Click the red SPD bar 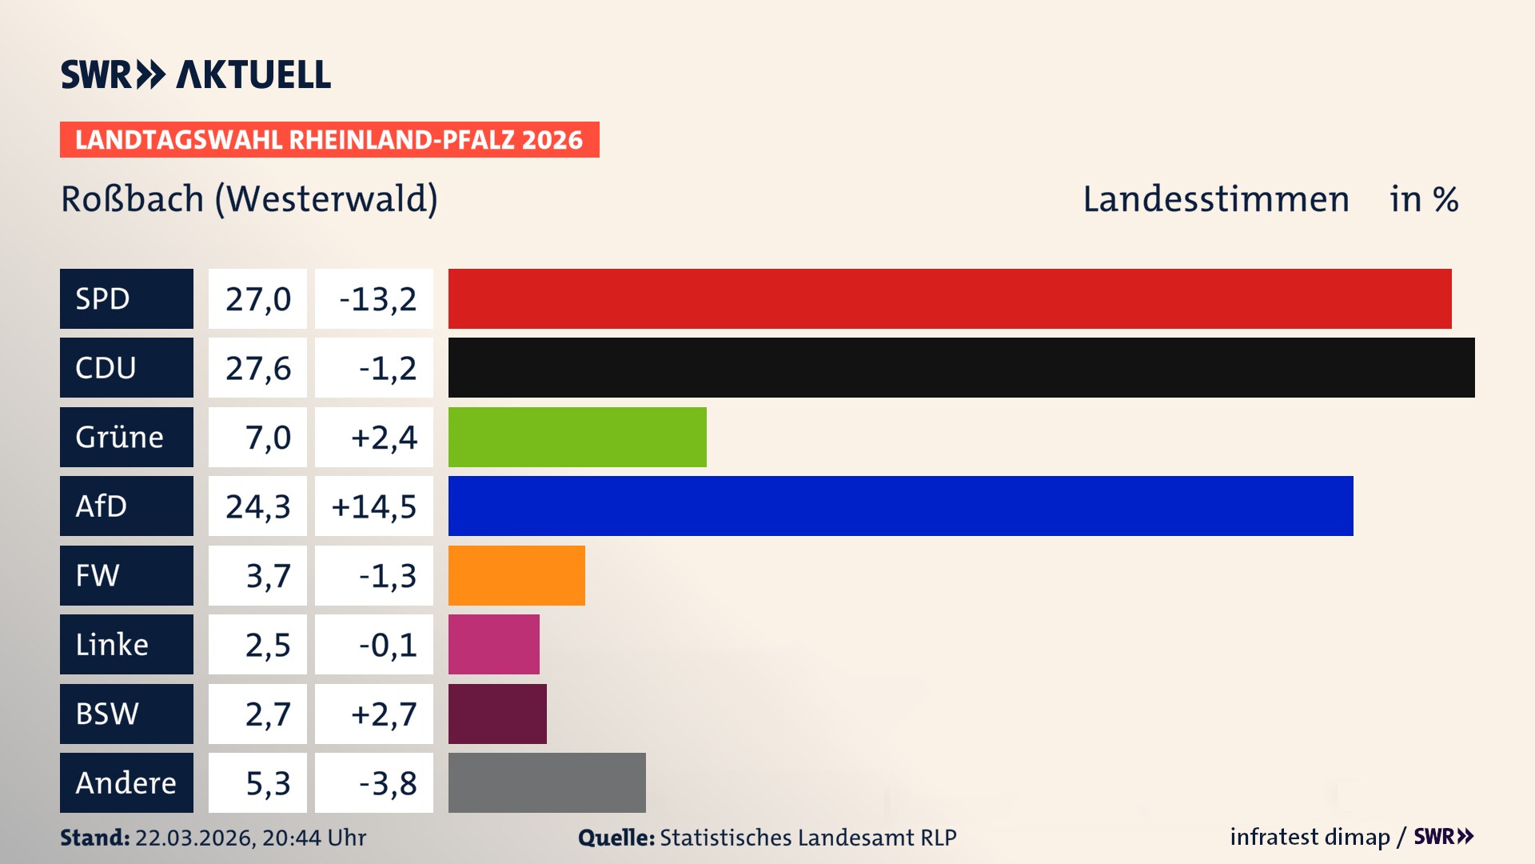tap(950, 298)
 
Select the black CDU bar tap(961, 367)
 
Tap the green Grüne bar tap(577, 437)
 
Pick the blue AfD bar tap(900, 506)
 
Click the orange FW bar tap(516, 575)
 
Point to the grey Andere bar tap(547, 782)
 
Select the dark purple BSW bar tap(497, 714)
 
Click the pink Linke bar tap(493, 644)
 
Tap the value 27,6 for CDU tap(257, 368)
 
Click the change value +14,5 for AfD tap(374, 506)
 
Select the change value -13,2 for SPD tap(377, 299)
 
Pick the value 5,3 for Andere tap(267, 783)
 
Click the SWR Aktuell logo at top tap(195, 74)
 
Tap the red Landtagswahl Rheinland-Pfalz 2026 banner tap(329, 140)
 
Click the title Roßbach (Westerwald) tap(249, 199)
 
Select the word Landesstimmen tap(1215, 199)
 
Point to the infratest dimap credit tap(1310, 837)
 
